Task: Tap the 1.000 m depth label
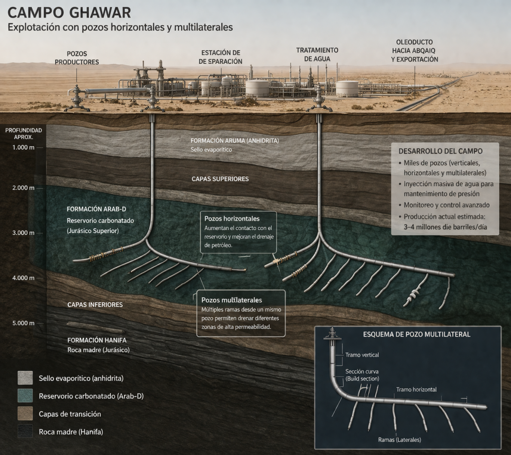coord(23,147)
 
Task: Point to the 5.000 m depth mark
coord(23,323)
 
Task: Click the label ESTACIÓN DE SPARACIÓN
coord(220,57)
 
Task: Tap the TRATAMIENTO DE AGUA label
coord(317,54)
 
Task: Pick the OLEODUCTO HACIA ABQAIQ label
coord(414,51)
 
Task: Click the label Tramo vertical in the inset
coord(362,355)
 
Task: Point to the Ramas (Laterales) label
coord(397,440)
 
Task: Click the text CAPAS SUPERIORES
coord(220,179)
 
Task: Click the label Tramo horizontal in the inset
coord(416,389)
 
